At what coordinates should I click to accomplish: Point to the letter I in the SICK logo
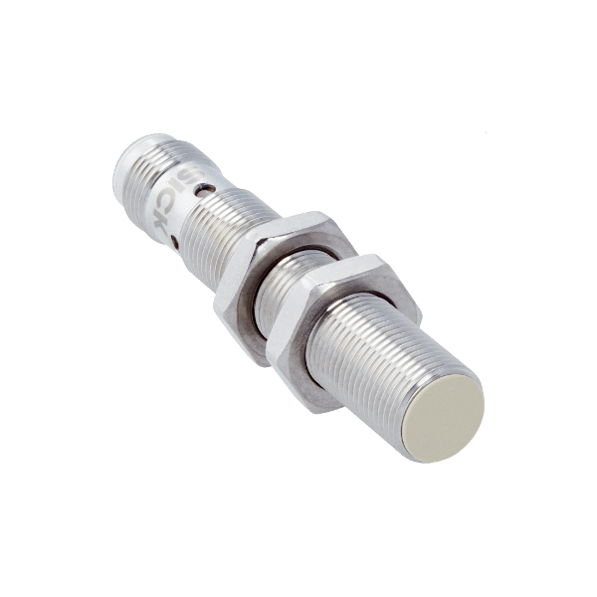180,188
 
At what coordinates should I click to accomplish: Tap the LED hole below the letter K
175,241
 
